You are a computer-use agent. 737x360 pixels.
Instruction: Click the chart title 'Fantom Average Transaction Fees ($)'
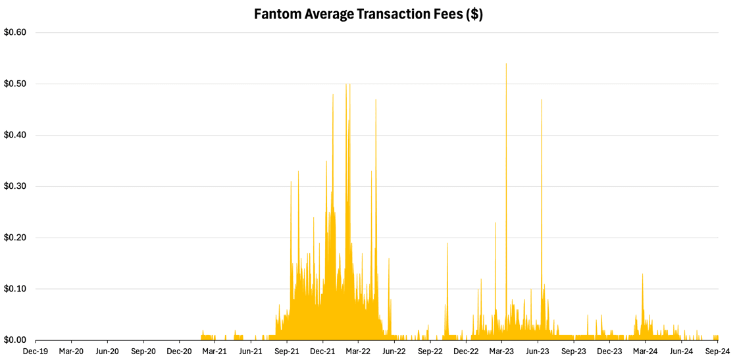368,14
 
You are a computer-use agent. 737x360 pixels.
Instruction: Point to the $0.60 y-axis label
15,32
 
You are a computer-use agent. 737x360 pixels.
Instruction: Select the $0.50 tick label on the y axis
15,84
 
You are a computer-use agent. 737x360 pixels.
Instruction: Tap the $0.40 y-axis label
15,135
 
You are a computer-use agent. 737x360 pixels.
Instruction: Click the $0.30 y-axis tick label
15,186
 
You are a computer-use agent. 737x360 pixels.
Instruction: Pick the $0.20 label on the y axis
15,238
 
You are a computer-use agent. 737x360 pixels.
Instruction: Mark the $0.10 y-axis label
15,289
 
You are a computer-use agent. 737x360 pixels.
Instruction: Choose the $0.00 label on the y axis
15,340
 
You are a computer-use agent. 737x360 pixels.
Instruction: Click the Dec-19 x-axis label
35,351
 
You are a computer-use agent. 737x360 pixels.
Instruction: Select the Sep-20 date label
143,351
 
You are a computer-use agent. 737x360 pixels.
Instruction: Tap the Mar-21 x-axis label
215,351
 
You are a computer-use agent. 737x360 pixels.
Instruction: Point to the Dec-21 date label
322,351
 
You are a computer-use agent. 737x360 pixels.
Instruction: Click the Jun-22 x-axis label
394,351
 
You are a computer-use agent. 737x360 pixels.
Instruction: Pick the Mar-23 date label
502,351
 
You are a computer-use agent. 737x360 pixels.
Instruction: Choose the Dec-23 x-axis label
609,351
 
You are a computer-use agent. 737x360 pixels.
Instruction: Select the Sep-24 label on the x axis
717,351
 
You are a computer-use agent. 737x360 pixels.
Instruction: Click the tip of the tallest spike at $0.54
506,64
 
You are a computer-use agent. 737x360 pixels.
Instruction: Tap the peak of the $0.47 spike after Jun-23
542,100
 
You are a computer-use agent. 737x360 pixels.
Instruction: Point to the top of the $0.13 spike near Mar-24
643,274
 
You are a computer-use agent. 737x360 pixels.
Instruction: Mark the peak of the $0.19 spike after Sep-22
447,244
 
